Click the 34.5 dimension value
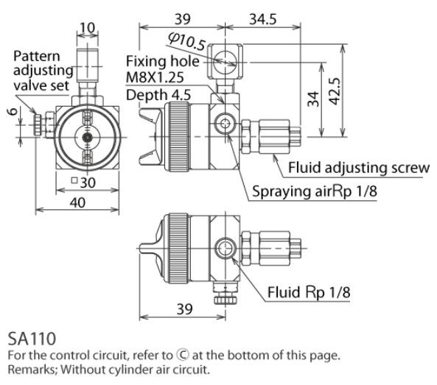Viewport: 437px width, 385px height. click(263, 19)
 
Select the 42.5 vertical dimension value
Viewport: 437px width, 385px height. click(335, 91)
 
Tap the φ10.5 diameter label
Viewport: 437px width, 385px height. click(187, 41)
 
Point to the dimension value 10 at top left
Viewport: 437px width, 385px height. click(88, 28)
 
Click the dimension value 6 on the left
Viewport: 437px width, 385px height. click(13, 111)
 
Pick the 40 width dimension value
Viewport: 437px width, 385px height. click(77, 202)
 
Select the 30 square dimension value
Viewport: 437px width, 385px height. click(83, 183)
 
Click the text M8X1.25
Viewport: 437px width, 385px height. click(155, 77)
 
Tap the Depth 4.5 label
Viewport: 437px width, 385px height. click(158, 95)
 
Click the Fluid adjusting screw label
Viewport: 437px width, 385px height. click(359, 168)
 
